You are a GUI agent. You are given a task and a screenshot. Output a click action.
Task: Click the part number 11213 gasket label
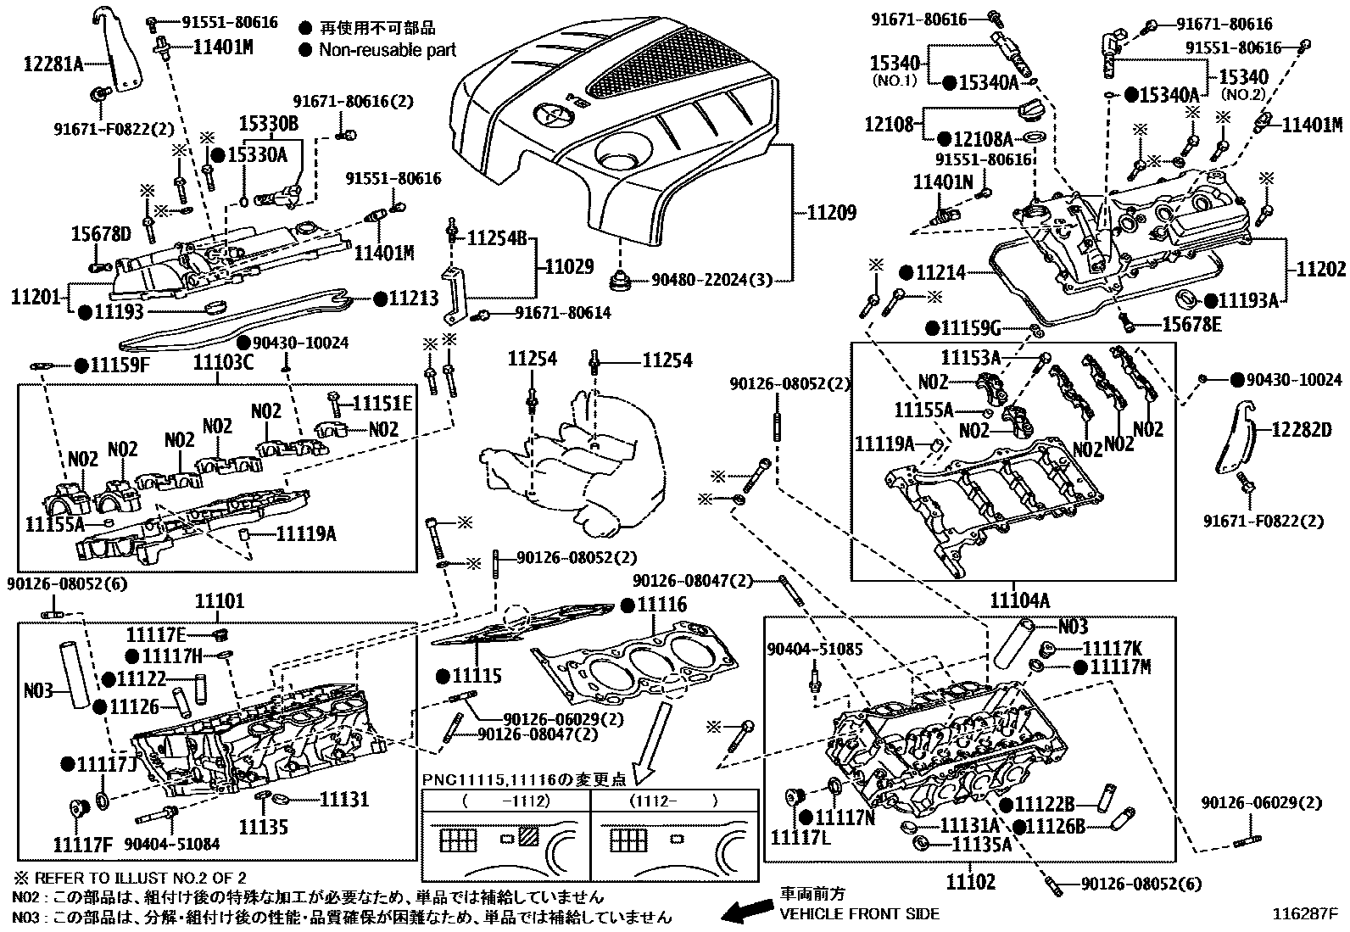(414, 299)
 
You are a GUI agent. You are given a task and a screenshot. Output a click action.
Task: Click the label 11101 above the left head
(219, 601)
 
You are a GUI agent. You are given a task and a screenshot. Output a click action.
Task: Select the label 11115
(477, 676)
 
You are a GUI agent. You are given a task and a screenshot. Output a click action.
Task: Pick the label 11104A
(1019, 600)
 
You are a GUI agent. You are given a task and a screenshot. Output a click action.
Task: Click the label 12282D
(1302, 430)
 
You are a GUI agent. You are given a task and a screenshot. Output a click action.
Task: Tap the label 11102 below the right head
(971, 883)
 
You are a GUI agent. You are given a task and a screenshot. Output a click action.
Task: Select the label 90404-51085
(814, 650)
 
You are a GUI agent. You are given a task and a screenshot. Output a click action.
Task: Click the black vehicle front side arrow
(744, 912)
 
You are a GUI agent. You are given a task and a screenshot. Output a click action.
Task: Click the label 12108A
(983, 138)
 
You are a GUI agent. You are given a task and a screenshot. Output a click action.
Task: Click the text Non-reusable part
(387, 50)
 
